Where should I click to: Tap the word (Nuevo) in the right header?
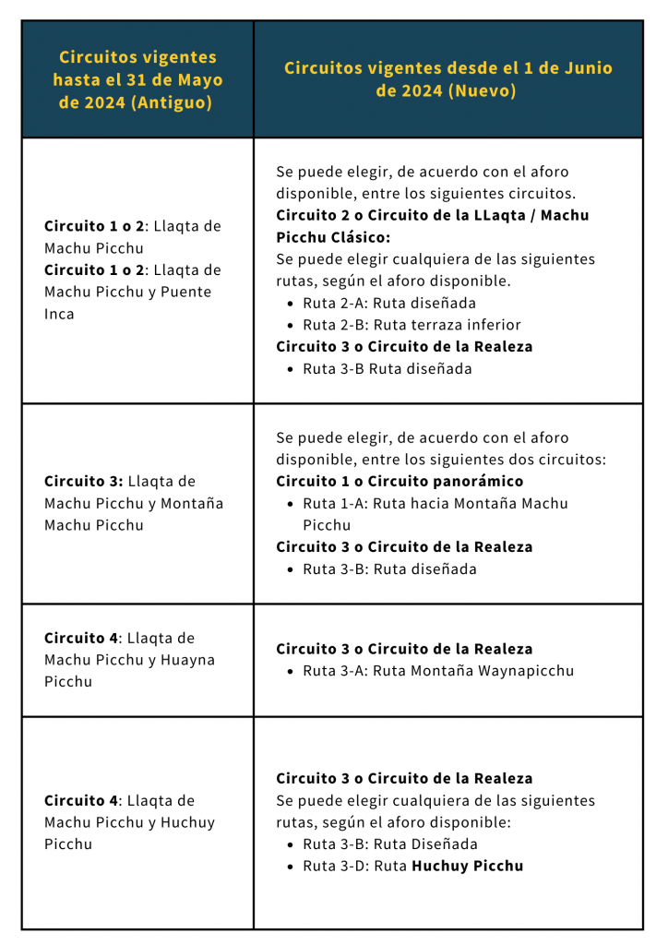[485, 90]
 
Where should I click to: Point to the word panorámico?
[477, 481]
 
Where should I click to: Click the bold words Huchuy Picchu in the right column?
[467, 866]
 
